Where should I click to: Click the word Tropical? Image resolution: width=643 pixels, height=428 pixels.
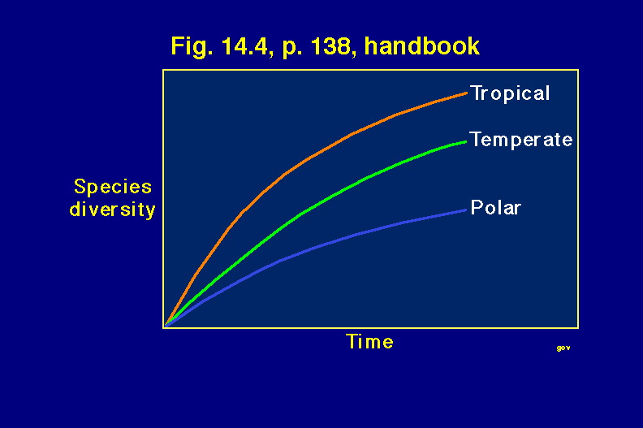pyautogui.click(x=510, y=94)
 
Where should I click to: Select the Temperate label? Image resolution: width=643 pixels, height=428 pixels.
pyautogui.click(x=520, y=140)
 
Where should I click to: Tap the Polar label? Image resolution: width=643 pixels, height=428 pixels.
pyautogui.click(x=496, y=208)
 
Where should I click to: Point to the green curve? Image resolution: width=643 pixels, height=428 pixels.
pyautogui.click(x=302, y=213)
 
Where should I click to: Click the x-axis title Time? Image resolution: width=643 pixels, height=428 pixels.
pyautogui.click(x=369, y=341)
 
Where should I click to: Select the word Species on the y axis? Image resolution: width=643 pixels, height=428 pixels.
pyautogui.click(x=113, y=188)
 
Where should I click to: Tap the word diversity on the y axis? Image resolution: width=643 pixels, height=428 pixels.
pyautogui.click(x=112, y=210)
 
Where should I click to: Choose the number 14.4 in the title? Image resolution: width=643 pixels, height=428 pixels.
pyautogui.click(x=244, y=46)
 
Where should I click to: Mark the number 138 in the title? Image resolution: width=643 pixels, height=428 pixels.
pyautogui.click(x=330, y=46)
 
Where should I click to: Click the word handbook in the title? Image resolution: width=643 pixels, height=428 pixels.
pyautogui.click(x=422, y=45)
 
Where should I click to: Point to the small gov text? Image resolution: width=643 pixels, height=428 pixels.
pyautogui.click(x=563, y=348)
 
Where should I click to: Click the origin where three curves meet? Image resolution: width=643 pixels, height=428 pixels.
pyautogui.click(x=165, y=326)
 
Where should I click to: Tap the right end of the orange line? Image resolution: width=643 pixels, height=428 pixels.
pyautogui.click(x=467, y=93)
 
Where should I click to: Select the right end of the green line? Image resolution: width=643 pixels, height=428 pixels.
pyautogui.click(x=466, y=141)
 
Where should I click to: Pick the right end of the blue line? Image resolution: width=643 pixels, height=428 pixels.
pyautogui.click(x=466, y=210)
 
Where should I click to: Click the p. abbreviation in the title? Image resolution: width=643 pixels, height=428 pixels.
pyautogui.click(x=291, y=48)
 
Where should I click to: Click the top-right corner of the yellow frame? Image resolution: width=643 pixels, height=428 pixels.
pyautogui.click(x=578, y=70)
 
